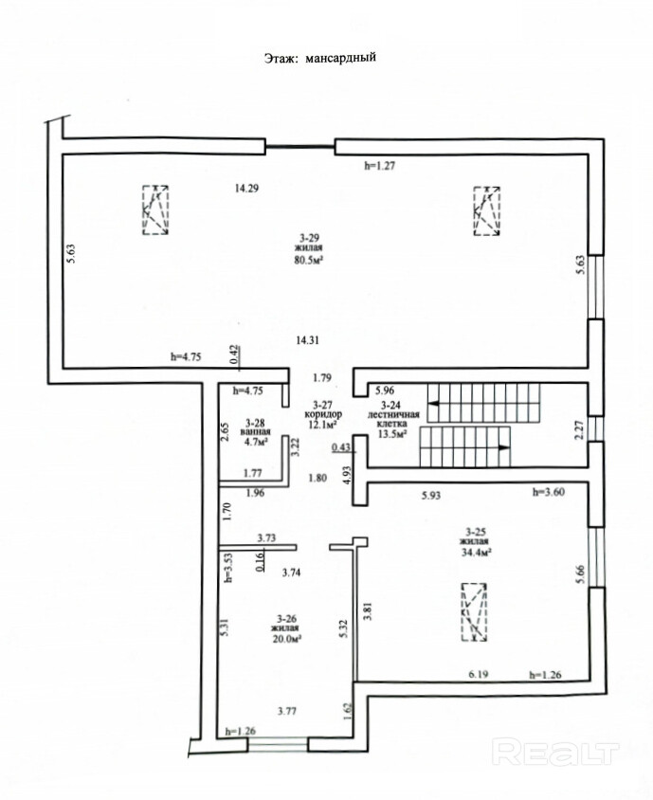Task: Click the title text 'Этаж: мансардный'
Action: [x=320, y=57]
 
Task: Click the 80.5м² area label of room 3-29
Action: [x=310, y=260]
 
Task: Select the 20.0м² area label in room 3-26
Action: [x=284, y=638]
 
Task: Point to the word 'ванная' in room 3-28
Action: [x=255, y=431]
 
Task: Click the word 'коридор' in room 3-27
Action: [x=323, y=414]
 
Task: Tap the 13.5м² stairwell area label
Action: [x=391, y=434]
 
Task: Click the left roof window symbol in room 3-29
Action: [x=155, y=210]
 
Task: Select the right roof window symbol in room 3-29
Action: [x=487, y=211]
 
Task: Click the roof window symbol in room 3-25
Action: [x=474, y=612]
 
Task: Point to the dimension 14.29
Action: [x=247, y=189]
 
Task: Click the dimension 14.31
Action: [x=308, y=340]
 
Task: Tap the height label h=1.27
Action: [x=380, y=165]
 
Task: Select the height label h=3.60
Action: [x=549, y=492]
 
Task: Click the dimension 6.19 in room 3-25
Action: [x=479, y=675]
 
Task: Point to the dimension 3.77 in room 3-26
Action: [x=287, y=711]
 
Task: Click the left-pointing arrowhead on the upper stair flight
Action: [x=434, y=403]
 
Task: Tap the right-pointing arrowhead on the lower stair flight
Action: [x=504, y=447]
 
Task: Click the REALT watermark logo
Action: [x=555, y=753]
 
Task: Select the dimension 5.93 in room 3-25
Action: [x=431, y=495]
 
